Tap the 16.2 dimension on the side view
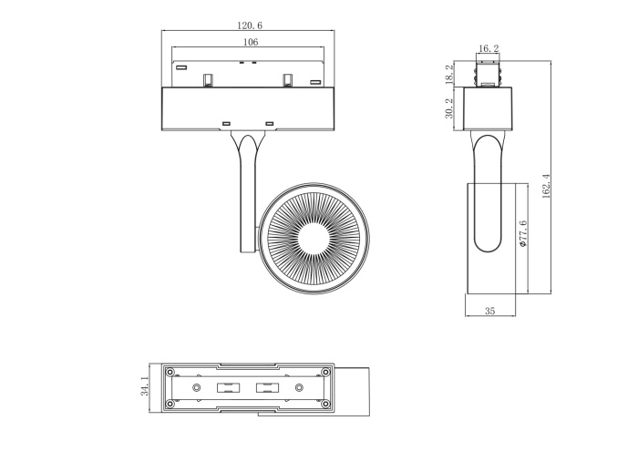tap(489, 48)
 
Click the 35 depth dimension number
tap(489, 312)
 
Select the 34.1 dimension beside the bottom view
tap(143, 388)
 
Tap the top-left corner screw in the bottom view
tap(170, 372)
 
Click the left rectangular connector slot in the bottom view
tap(225, 388)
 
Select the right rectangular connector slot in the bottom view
tap(267, 388)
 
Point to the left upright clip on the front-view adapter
tap(209, 78)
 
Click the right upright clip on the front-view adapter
tap(286, 78)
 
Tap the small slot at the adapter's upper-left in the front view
tap(181, 67)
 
